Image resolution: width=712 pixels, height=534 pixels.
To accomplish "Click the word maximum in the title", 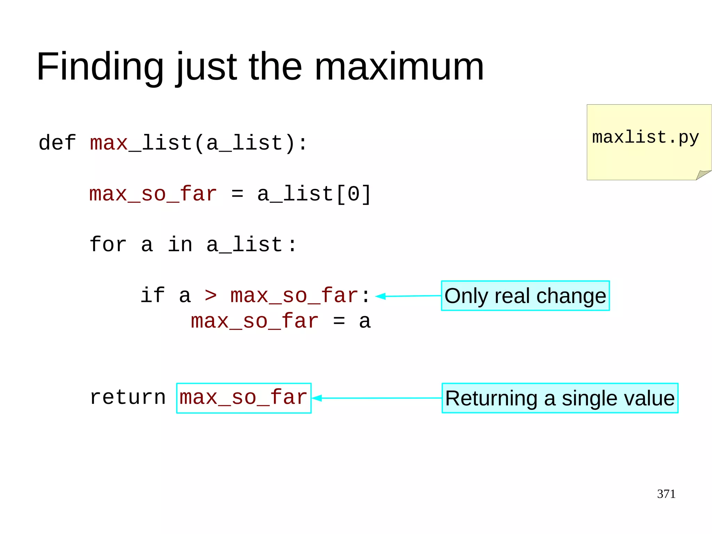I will pos(399,67).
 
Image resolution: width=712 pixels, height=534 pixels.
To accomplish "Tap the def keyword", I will pos(57,143).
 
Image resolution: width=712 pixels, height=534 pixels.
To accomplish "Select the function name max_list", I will pos(141,143).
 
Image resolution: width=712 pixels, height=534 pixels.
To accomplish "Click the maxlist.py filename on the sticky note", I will pos(645,137).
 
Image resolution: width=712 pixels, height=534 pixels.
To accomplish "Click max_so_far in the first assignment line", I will pos(153,194).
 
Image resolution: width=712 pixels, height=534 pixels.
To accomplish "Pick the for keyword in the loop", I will pos(108,245).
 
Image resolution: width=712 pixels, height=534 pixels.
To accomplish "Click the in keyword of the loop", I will pos(180,245).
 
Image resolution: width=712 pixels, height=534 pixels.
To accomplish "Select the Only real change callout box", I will pos(525,296).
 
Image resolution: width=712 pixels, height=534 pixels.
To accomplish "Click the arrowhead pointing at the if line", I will pos(381,296).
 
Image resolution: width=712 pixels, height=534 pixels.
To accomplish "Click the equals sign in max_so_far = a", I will pos(339,321).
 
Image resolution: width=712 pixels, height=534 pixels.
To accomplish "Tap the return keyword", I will pos(128,397).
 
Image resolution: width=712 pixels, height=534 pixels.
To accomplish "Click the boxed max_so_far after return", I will pos(243,398).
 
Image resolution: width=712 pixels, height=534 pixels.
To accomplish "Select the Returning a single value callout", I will pos(560,398).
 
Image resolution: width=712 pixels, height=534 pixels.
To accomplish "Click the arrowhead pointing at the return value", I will pos(317,398).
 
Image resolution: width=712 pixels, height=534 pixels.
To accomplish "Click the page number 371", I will pos(666,494).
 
